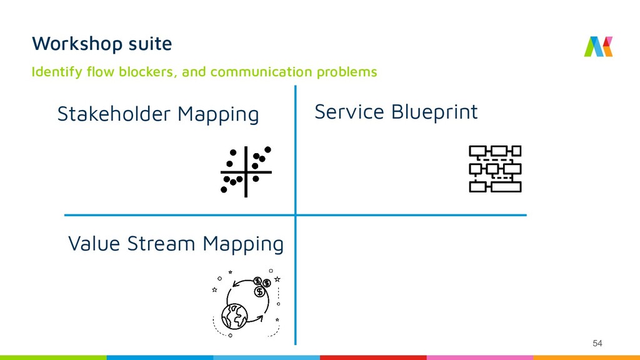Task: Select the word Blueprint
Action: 435,112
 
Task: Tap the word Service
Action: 349,112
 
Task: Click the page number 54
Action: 597,343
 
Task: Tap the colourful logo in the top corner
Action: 598,46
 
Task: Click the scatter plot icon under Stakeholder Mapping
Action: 246,171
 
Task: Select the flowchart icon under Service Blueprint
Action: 494,168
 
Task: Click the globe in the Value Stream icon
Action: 234,316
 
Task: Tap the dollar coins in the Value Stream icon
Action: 261,286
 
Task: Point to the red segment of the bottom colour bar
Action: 373,357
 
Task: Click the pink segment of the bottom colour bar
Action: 479,357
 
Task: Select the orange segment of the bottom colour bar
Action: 586,357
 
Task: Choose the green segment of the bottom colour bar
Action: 53,357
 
